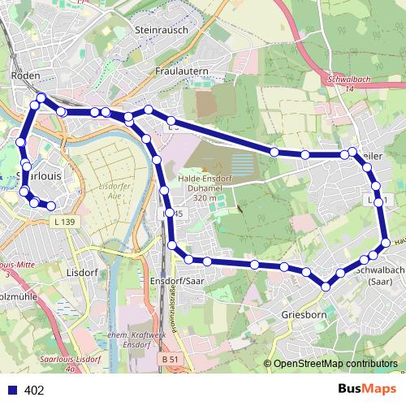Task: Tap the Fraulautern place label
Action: (x=182, y=71)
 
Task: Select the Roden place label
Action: (x=26, y=75)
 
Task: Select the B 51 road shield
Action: (x=170, y=358)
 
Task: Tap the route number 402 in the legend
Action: (x=34, y=391)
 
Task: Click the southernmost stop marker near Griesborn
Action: (x=326, y=285)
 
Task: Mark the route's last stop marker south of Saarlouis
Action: (x=51, y=206)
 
